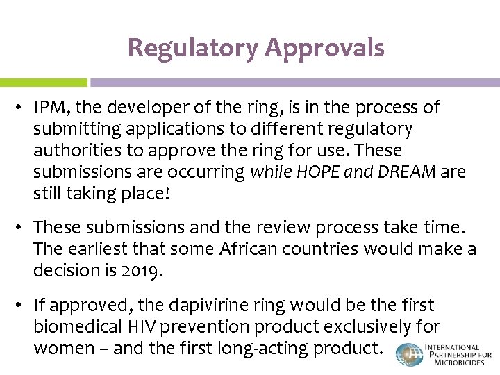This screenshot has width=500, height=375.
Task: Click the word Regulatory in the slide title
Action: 192,48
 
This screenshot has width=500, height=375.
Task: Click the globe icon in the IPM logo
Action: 409,355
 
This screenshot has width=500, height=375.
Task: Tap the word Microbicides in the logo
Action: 458,363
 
